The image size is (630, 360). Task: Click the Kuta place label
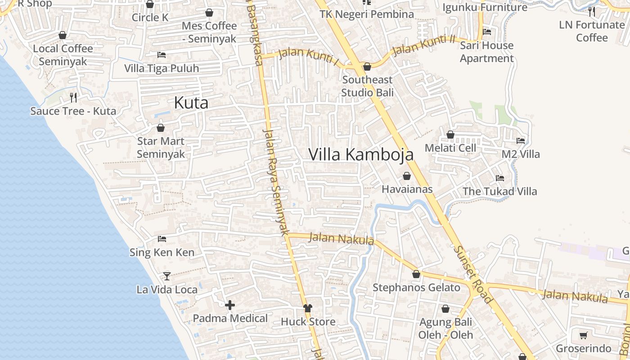pyautogui.click(x=191, y=103)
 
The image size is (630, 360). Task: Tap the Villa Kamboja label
pyautogui.click(x=361, y=154)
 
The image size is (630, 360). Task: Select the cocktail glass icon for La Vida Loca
pyautogui.click(x=167, y=276)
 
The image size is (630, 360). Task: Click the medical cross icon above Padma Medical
pyautogui.click(x=230, y=306)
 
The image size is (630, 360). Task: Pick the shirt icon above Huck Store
pyautogui.click(x=308, y=308)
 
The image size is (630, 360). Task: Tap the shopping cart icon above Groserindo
pyautogui.click(x=584, y=335)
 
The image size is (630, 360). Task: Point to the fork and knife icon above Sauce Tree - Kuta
pyautogui.click(x=73, y=97)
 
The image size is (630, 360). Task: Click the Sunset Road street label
pyautogui.click(x=473, y=274)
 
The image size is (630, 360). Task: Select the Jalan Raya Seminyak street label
pyautogui.click(x=275, y=182)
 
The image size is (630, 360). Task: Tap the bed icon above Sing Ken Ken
pyautogui.click(x=162, y=238)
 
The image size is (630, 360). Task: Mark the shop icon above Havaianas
pyautogui.click(x=407, y=176)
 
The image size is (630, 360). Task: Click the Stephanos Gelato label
pyautogui.click(x=416, y=288)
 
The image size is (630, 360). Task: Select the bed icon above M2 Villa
pyautogui.click(x=521, y=141)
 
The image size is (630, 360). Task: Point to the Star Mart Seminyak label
pyautogui.click(x=161, y=148)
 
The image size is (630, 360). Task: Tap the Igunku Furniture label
pyautogui.click(x=485, y=8)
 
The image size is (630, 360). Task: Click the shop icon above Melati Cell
pyautogui.click(x=450, y=135)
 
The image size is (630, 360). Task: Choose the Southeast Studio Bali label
pyautogui.click(x=367, y=86)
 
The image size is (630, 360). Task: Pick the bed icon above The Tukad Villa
pyautogui.click(x=500, y=178)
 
